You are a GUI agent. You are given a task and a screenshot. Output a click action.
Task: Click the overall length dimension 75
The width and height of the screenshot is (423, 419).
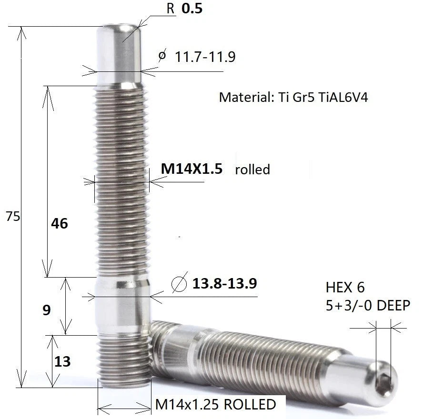[x=13, y=216]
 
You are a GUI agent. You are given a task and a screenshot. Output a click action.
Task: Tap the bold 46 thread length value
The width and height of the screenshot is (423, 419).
[x=60, y=223]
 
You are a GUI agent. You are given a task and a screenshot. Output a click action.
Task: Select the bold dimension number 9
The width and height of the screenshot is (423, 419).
[x=47, y=310]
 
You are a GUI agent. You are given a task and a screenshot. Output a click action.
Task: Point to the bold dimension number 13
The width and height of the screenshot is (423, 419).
[x=62, y=361]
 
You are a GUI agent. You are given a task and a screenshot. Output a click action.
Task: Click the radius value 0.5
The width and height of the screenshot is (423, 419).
[x=192, y=8]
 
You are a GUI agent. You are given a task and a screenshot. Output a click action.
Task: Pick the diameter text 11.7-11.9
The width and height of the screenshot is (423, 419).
[x=205, y=57]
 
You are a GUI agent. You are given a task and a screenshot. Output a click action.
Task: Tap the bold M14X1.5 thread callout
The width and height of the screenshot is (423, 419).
[x=191, y=169]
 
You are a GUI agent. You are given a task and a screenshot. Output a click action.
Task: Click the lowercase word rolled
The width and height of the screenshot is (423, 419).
[x=252, y=170]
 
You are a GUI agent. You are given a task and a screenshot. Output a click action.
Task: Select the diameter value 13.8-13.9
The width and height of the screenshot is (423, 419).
[x=224, y=283]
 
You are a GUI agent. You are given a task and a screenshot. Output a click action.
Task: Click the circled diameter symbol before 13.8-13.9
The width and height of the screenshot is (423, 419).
[x=180, y=283]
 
